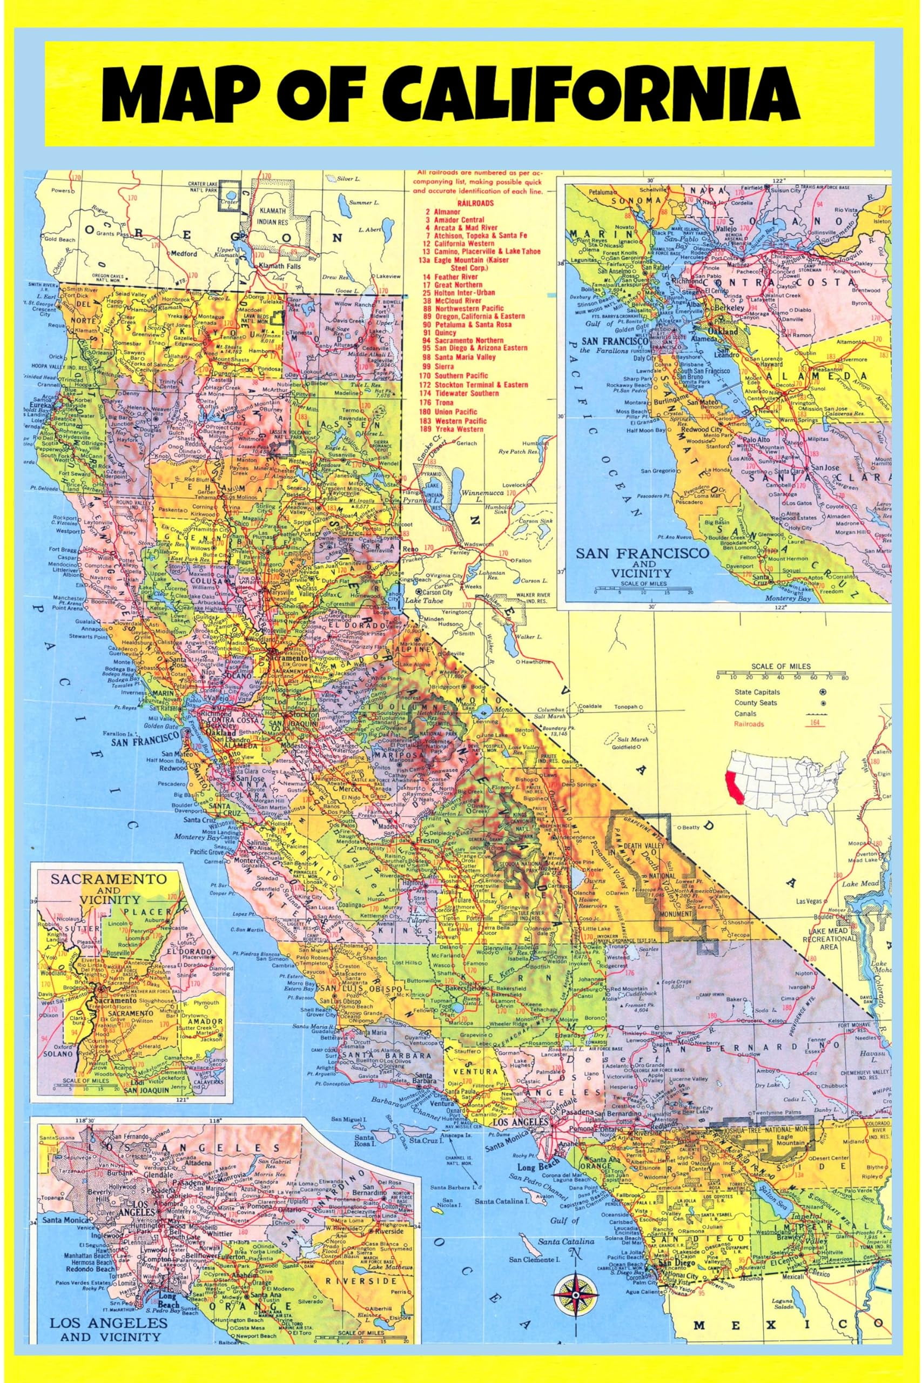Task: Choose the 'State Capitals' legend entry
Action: point(757,693)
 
